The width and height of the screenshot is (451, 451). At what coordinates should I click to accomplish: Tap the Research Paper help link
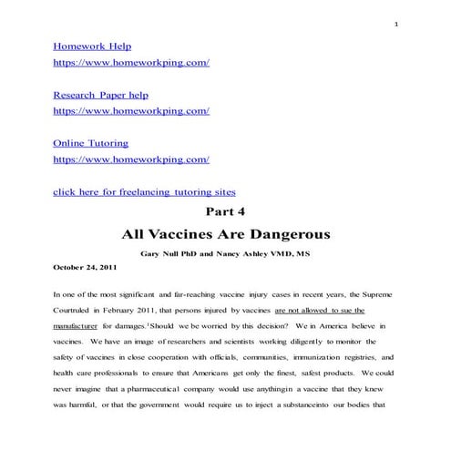pos(101,95)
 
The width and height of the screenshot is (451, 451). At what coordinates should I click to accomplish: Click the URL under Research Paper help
pos(131,111)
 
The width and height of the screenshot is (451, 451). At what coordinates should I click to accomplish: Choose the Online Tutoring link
pos(90,143)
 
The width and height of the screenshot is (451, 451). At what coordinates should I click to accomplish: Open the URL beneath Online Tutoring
pos(131,159)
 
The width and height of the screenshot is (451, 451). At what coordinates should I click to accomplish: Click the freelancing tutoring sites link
pos(144,192)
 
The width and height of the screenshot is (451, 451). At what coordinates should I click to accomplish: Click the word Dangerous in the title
pos(288,234)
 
